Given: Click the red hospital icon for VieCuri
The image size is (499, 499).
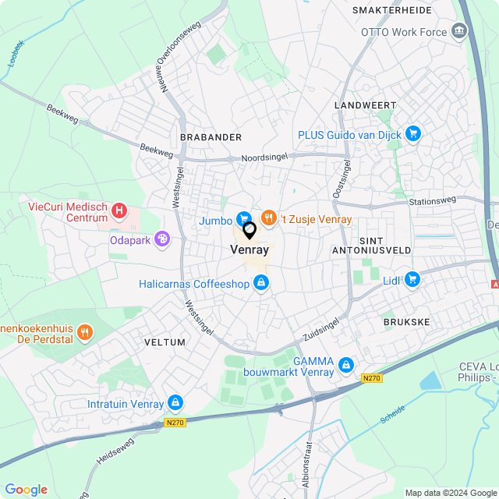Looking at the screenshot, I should tap(119, 210).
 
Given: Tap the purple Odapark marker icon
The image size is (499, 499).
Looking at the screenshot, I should tap(162, 239).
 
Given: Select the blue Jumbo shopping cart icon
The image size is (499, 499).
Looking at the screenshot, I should tap(244, 220).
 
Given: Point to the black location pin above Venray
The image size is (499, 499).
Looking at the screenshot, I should tap(249, 231).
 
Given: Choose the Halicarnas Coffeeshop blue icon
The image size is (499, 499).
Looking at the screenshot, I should tap(261, 284).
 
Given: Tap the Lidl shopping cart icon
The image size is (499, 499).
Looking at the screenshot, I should tap(412, 279).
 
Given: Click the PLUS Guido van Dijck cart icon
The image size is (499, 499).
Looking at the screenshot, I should tap(413, 135).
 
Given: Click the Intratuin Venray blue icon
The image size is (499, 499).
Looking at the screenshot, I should tap(175, 403).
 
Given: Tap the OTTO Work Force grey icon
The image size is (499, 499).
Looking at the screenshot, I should tap(458, 32).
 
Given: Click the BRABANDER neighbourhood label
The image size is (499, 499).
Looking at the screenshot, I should tap(211, 137).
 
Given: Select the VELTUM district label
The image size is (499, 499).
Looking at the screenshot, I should tap(165, 342).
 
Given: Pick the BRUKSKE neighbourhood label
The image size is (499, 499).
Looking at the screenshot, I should tap(406, 321).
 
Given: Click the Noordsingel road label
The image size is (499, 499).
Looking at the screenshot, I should tap(264, 157).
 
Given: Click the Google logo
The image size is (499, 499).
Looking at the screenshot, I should tap(26, 490).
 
